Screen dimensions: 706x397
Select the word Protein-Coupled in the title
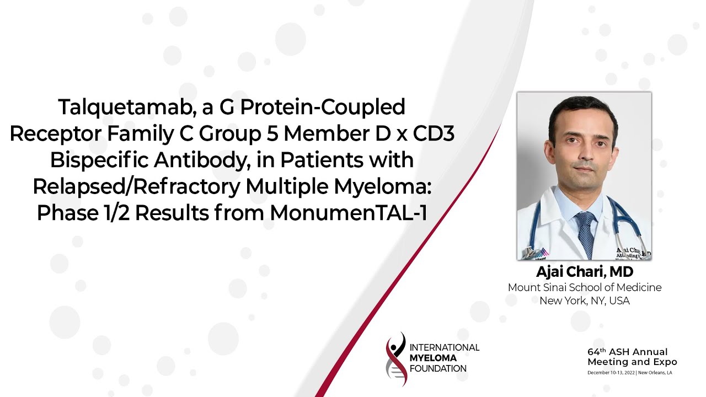point(323,108)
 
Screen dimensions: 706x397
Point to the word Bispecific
point(99,160)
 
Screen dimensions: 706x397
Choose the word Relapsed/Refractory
point(137,187)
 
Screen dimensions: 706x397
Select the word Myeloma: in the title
point(382,187)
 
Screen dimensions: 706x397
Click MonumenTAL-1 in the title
point(349,213)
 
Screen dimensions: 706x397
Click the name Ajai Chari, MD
point(585,272)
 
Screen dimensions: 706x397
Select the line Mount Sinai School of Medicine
point(585,287)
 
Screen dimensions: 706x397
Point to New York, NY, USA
point(585,301)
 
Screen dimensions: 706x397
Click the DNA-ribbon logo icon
point(395,358)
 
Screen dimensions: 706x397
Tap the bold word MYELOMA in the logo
point(433,358)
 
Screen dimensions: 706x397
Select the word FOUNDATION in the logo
point(438,369)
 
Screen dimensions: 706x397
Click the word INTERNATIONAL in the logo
point(445,347)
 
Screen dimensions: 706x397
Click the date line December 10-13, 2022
point(611,373)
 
